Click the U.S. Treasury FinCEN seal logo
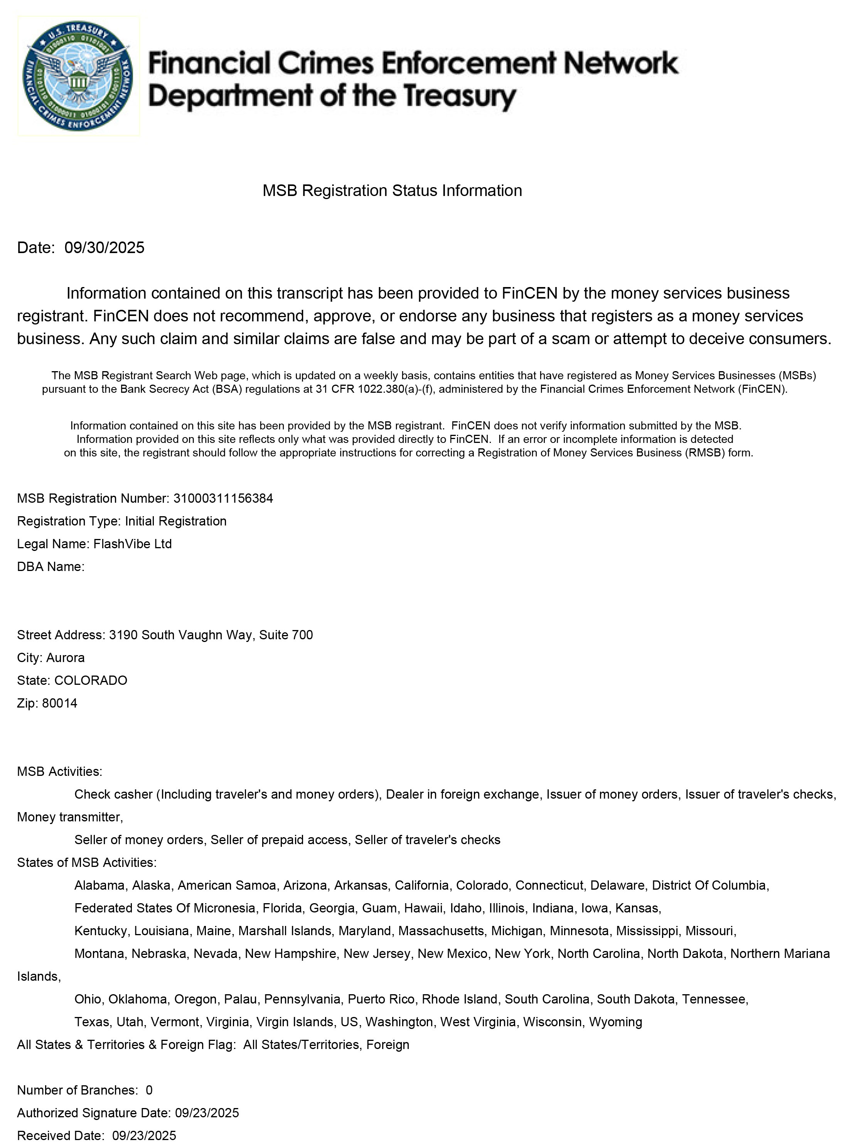coord(78,76)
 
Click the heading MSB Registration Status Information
coord(392,190)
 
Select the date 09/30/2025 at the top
coord(104,247)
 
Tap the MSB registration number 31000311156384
coord(223,498)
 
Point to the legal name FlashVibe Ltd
coord(132,544)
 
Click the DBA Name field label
coord(50,567)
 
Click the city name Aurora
coord(65,657)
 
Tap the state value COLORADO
coord(91,680)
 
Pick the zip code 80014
coord(60,703)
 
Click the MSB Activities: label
coord(60,772)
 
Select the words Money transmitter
coord(69,817)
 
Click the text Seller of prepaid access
coord(279,840)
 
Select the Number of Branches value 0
coord(149,1091)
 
